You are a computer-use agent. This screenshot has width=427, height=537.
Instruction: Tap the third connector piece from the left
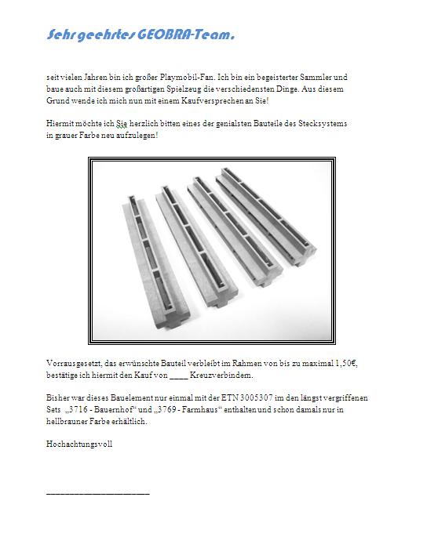click(x=235, y=230)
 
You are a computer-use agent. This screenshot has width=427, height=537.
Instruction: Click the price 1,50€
click(x=346, y=364)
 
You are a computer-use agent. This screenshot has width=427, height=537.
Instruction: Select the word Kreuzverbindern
click(x=221, y=375)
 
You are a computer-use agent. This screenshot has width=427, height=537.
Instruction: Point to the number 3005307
click(x=256, y=398)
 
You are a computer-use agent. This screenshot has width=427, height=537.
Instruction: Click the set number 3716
click(x=78, y=409)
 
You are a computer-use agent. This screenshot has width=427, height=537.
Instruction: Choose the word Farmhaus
click(x=199, y=409)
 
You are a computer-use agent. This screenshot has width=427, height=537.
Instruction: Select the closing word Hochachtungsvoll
click(x=79, y=444)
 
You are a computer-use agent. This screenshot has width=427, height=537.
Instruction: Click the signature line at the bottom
click(x=98, y=494)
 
